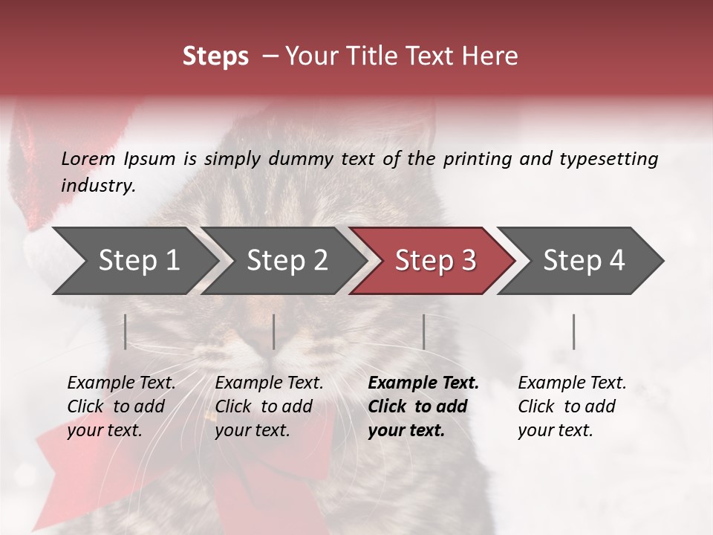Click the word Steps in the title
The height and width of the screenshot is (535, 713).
coord(215,56)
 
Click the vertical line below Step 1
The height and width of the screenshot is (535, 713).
coord(126,331)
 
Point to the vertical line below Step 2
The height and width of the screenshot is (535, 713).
coord(274,331)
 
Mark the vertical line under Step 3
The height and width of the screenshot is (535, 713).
coord(423,331)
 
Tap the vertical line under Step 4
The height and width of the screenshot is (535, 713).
coord(574,331)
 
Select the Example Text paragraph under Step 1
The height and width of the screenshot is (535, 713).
coord(121,406)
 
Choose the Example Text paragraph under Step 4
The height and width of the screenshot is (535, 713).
coord(572,406)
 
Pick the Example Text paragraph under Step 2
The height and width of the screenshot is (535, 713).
coord(269,406)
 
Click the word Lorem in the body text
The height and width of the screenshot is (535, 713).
coord(88,159)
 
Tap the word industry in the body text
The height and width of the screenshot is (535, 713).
coord(98,186)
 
